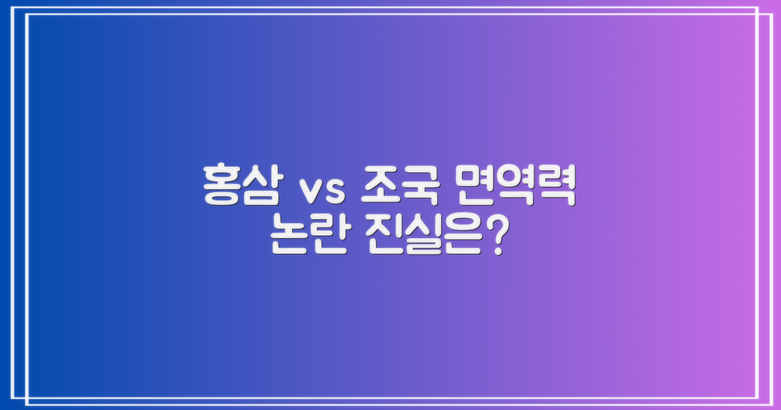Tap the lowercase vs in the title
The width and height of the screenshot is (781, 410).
tap(316, 190)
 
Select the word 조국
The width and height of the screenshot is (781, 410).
tap(393, 185)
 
